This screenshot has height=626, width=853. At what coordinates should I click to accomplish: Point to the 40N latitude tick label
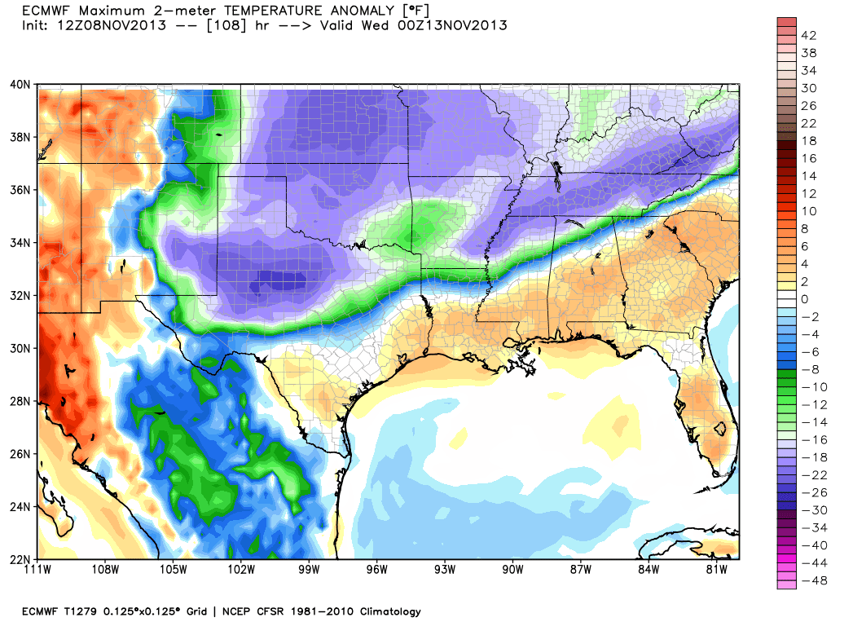(20, 84)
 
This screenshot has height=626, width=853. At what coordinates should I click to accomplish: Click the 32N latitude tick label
(20, 295)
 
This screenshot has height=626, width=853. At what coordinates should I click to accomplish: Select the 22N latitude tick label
(20, 559)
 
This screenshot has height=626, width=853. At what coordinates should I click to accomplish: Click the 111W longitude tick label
(38, 571)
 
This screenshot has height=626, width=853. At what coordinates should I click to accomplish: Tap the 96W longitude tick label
(377, 571)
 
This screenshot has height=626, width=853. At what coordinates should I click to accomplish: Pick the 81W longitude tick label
(715, 571)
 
